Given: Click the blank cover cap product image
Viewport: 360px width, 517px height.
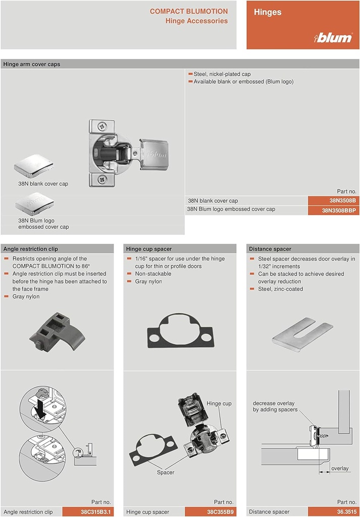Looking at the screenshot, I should tap(34, 167).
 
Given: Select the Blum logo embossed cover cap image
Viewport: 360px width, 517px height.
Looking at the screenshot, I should tap(34, 204).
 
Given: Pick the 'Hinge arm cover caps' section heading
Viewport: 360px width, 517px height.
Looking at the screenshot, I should tap(31, 64).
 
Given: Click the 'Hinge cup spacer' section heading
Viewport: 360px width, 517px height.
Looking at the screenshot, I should tap(149, 249).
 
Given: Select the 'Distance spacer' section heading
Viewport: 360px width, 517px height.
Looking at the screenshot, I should tap(270, 249).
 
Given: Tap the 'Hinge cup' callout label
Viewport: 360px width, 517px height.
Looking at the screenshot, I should tap(219, 403).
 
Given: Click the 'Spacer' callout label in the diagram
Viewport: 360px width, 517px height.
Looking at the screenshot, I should tap(165, 473).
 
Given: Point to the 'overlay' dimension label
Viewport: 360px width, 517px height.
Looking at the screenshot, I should tap(340, 469).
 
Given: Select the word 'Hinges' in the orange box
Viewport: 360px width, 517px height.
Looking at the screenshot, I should tap(268, 12).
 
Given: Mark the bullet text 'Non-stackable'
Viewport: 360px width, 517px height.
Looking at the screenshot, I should tap(153, 274).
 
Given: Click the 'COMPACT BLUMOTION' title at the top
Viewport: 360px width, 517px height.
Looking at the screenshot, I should tap(188, 11).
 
